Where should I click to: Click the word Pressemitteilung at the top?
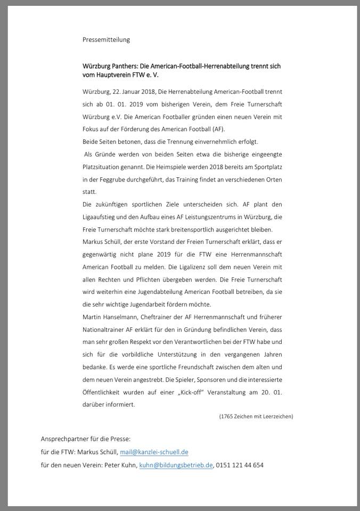click(106, 39)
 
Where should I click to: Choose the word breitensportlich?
click(201, 229)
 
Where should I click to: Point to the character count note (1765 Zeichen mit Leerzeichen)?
click(256, 416)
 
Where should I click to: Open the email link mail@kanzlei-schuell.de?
click(154, 452)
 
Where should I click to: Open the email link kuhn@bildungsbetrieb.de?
click(176, 465)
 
